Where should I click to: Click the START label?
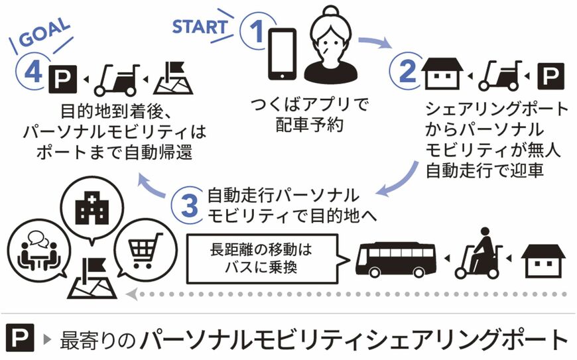[x=200, y=27]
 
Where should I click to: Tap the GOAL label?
[x=44, y=32]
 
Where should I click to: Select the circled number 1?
[x=257, y=31]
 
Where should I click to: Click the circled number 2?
[x=407, y=72]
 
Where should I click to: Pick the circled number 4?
[x=33, y=72]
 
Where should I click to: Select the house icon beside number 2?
[x=442, y=73]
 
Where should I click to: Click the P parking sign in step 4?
[x=62, y=79]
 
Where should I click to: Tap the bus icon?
[x=396, y=259]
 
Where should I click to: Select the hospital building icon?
[x=92, y=210]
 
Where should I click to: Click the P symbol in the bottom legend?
[x=21, y=337]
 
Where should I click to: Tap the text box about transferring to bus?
[x=262, y=259]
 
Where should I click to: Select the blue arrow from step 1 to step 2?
[x=375, y=43]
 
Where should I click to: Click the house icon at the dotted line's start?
[x=543, y=261]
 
